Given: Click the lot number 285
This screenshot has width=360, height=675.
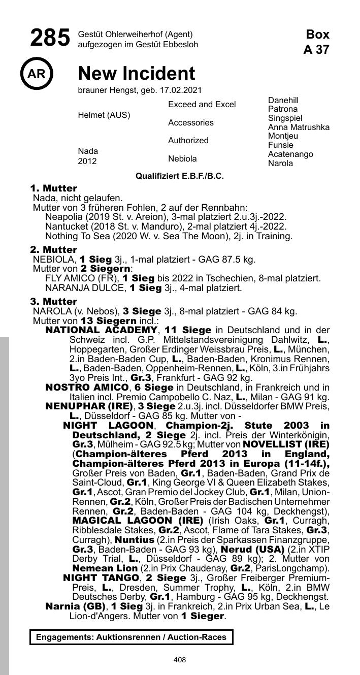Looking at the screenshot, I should (50, 39).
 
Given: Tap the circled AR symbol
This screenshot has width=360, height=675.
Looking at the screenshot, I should (36, 74).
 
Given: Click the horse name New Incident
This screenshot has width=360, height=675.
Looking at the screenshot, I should (136, 74).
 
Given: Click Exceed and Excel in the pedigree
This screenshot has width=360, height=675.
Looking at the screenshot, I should (202, 105).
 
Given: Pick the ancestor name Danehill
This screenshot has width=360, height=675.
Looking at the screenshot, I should (283, 100).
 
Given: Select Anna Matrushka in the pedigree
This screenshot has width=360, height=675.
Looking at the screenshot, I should (299, 127).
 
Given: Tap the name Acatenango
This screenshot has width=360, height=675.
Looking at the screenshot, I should (290, 154).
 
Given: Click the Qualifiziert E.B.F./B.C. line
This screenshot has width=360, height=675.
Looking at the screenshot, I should (179, 176).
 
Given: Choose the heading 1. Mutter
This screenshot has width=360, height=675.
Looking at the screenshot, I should (53, 188).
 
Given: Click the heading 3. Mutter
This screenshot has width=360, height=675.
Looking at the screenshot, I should (53, 302).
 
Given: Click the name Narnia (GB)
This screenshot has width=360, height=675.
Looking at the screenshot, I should (75, 607).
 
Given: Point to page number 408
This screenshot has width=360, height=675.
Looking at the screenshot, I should (179, 660).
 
